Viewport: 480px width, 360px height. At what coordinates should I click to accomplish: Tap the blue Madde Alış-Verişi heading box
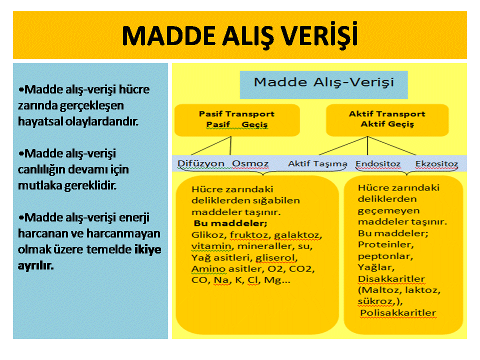click(x=323, y=85)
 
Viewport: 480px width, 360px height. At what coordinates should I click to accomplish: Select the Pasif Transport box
click(x=237, y=120)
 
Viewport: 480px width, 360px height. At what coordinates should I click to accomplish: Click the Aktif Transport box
click(x=387, y=120)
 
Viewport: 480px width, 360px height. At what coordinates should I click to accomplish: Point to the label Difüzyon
click(x=201, y=163)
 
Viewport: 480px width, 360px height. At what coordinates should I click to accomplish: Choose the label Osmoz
click(x=250, y=164)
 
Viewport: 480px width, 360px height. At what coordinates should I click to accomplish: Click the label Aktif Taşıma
click(x=317, y=164)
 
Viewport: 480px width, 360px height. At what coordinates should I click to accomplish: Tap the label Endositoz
click(x=378, y=164)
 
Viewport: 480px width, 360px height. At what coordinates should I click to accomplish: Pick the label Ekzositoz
click(x=436, y=164)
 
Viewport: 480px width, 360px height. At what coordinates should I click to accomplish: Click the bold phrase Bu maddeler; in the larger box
click(x=230, y=223)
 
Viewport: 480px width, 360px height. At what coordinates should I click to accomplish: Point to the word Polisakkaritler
click(x=398, y=313)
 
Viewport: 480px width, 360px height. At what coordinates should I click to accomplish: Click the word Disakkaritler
click(x=391, y=279)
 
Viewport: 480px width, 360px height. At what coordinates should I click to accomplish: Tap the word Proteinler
click(x=385, y=244)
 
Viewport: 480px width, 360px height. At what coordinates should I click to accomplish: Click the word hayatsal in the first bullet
click(x=40, y=121)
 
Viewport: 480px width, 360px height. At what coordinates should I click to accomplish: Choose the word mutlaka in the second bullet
click(x=40, y=185)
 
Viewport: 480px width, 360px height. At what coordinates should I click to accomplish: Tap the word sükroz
click(x=376, y=301)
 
